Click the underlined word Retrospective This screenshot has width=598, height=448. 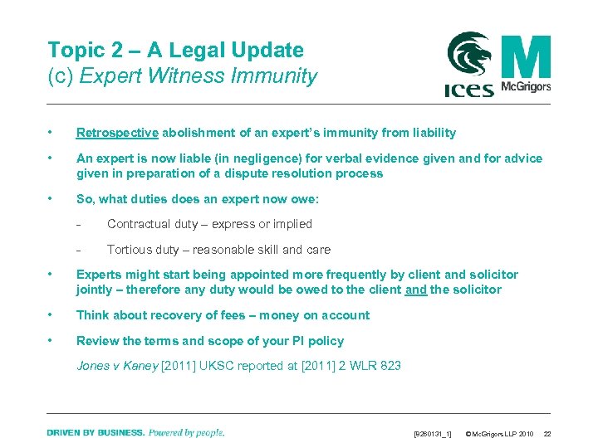[117, 133]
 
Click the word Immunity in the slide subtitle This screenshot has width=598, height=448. [277, 76]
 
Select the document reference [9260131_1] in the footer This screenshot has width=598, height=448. [433, 433]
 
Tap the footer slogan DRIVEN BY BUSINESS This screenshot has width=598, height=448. [96, 432]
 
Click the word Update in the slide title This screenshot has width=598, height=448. [269, 51]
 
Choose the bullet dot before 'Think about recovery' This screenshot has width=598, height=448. [51, 315]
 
